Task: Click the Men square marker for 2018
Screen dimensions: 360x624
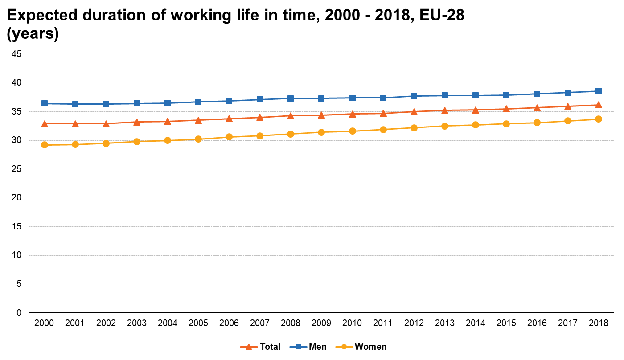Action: pos(599,91)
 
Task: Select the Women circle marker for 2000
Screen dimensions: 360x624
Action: pos(44,145)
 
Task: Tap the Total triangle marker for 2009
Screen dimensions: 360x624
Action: pos(321,115)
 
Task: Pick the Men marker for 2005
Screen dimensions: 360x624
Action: pos(198,102)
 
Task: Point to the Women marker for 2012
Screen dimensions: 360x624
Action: pos(414,128)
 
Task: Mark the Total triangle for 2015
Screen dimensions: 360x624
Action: pos(506,109)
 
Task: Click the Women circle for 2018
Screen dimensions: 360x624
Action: pos(599,119)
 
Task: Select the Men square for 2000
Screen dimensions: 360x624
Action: pos(44,103)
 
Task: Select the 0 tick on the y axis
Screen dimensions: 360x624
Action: pos(19,313)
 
